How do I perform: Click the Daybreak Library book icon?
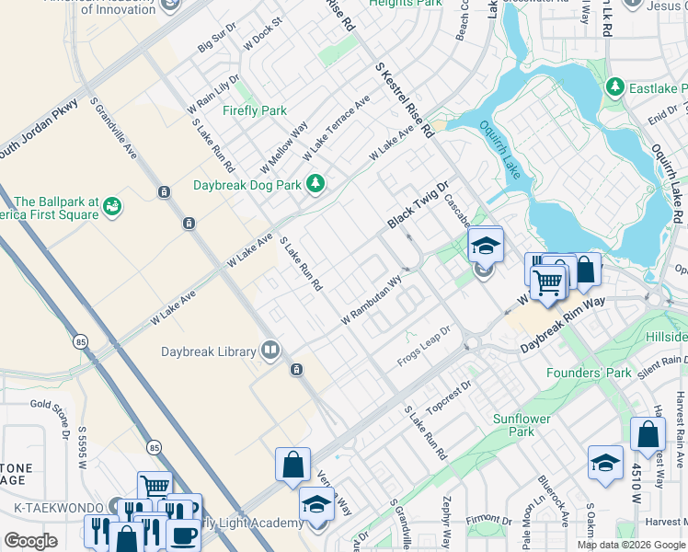[x=270, y=351]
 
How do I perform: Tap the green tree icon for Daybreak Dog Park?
[x=315, y=184]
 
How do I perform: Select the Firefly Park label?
[x=255, y=110]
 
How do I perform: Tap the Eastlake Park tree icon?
[x=614, y=88]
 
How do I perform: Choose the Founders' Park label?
[x=589, y=373]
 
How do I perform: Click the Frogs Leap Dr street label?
[x=424, y=344]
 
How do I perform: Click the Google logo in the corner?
[x=30, y=541]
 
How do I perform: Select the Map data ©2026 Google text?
[x=631, y=545]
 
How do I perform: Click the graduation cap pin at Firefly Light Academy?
[x=316, y=504]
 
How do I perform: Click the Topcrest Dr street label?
[x=449, y=396]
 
